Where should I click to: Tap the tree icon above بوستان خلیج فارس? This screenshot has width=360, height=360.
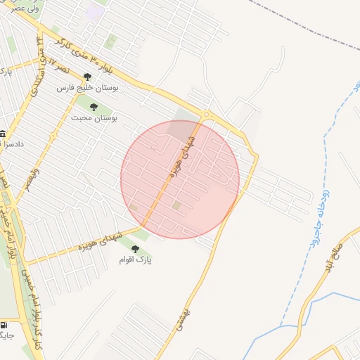point(88,77)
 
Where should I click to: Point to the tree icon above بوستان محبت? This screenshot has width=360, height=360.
point(94,106)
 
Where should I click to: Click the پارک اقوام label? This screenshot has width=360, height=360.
point(136,260)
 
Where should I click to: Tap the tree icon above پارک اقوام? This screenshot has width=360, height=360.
point(135,249)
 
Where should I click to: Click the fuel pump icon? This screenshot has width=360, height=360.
point(5,326)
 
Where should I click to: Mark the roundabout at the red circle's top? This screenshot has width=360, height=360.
point(206,115)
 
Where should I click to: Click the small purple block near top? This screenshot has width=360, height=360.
point(94,11)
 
